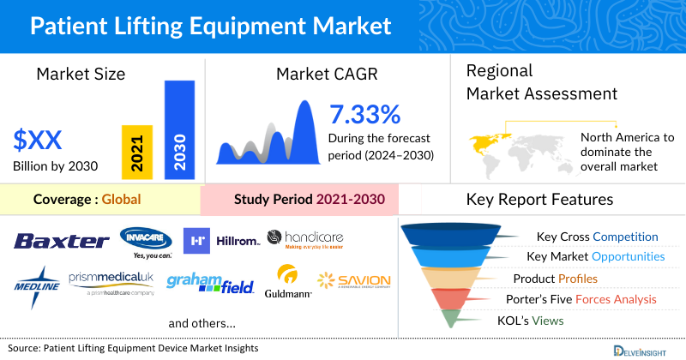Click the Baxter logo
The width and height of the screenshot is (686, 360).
coord(61,242)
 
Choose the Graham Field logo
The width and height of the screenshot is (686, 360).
coord(210,284)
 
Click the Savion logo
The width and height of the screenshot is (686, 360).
coord(353,281)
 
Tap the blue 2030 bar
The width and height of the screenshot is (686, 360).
coord(179,129)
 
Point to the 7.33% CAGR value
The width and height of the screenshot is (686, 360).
coord(364,114)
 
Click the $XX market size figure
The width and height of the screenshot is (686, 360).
coord(40,140)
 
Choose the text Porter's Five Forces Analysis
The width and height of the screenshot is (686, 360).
coord(586,299)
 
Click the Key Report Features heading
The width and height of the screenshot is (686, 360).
coord(539,200)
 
